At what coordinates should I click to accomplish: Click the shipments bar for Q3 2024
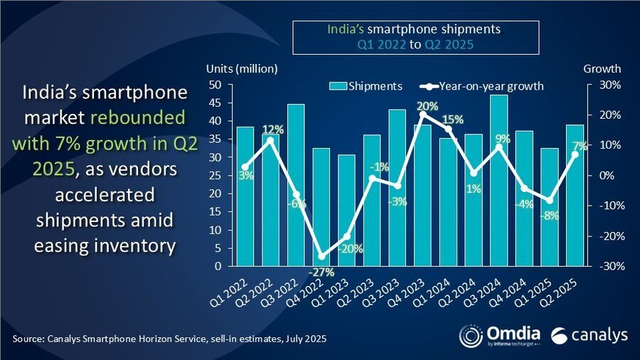(498, 181)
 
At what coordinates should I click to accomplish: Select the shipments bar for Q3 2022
(296, 185)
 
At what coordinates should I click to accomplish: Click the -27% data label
(321, 272)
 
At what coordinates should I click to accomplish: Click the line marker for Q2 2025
(575, 154)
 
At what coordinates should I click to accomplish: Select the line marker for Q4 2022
(321, 256)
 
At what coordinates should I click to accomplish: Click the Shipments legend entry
(366, 86)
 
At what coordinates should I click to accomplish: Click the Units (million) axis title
(241, 69)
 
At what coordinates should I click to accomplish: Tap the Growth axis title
(602, 69)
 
